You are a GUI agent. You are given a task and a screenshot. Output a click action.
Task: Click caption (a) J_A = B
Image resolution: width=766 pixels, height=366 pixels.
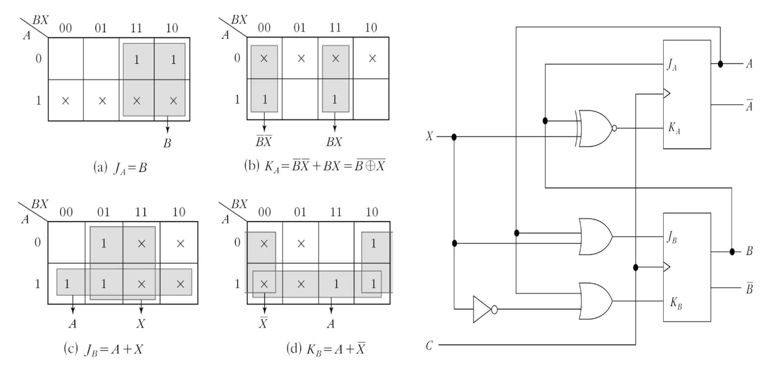click(122, 169)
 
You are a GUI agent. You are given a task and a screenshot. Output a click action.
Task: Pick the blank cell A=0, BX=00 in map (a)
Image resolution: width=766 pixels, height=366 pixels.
click(66, 59)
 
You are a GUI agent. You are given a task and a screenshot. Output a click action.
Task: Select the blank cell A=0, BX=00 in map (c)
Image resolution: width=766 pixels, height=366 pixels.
click(66, 243)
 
